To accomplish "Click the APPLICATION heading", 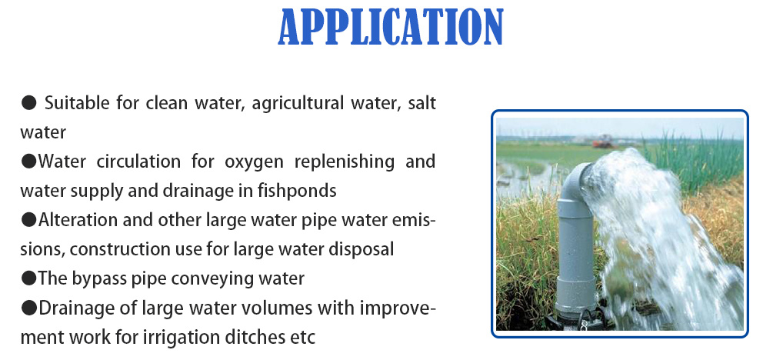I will point(390,28).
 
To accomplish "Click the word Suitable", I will point(74,103).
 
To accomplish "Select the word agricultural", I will point(296,103).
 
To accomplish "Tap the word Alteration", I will point(72,220).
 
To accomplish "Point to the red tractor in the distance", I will point(602,141).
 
